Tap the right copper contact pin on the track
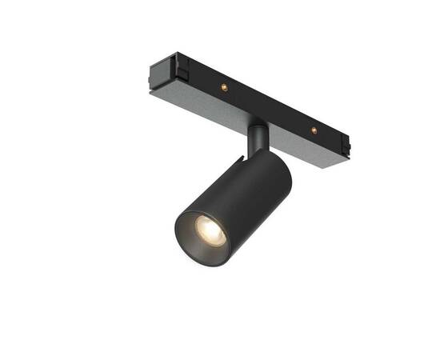(x=314, y=129)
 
